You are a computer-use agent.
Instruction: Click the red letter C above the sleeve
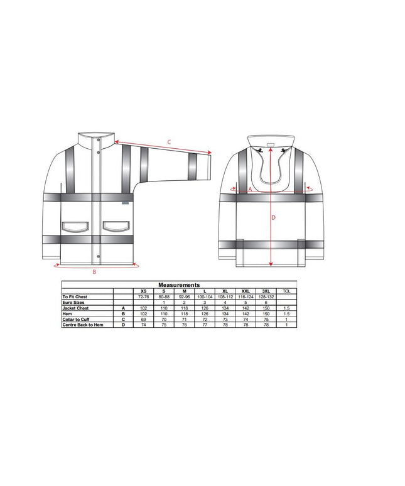click(x=169, y=143)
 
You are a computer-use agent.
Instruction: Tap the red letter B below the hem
click(x=95, y=272)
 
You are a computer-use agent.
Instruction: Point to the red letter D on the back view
click(x=273, y=218)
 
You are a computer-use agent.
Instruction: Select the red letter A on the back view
click(x=251, y=190)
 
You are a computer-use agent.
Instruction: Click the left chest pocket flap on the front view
click(x=76, y=226)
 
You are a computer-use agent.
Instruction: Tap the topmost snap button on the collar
click(x=99, y=140)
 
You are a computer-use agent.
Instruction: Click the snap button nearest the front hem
click(x=99, y=256)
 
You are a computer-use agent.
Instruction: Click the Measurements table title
click(x=179, y=285)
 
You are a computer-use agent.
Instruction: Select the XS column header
click(x=143, y=291)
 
